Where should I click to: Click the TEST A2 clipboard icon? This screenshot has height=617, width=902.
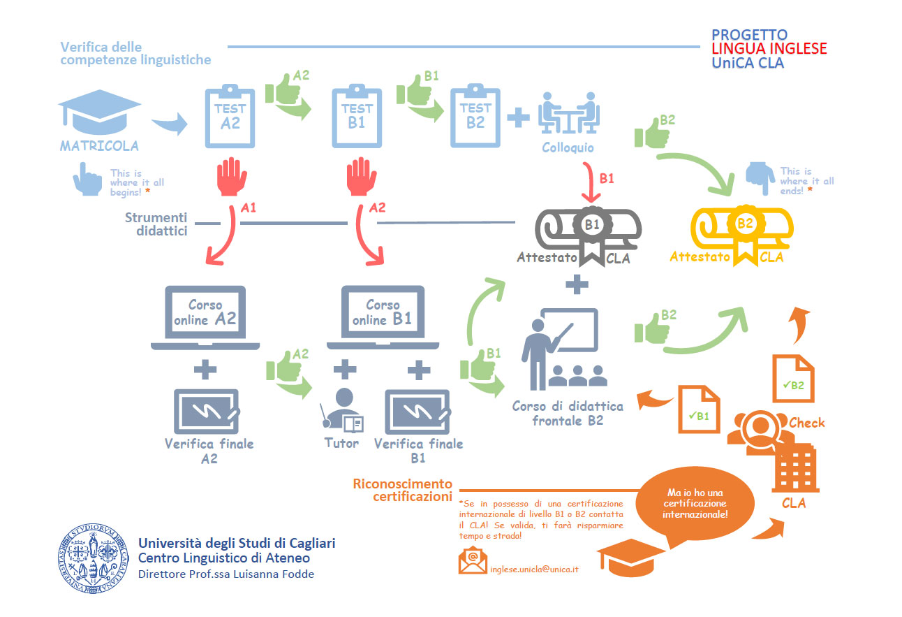[x=230, y=117]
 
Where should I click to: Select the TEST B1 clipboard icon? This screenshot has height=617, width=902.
[x=357, y=117]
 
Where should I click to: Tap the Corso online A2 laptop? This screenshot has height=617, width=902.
[x=205, y=317]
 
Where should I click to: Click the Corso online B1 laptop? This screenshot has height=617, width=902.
[x=383, y=317]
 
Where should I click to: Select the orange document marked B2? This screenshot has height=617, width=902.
[x=793, y=378]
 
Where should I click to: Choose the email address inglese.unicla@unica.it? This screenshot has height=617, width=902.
[x=534, y=569]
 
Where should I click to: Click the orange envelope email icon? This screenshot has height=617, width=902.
[x=473, y=560]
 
